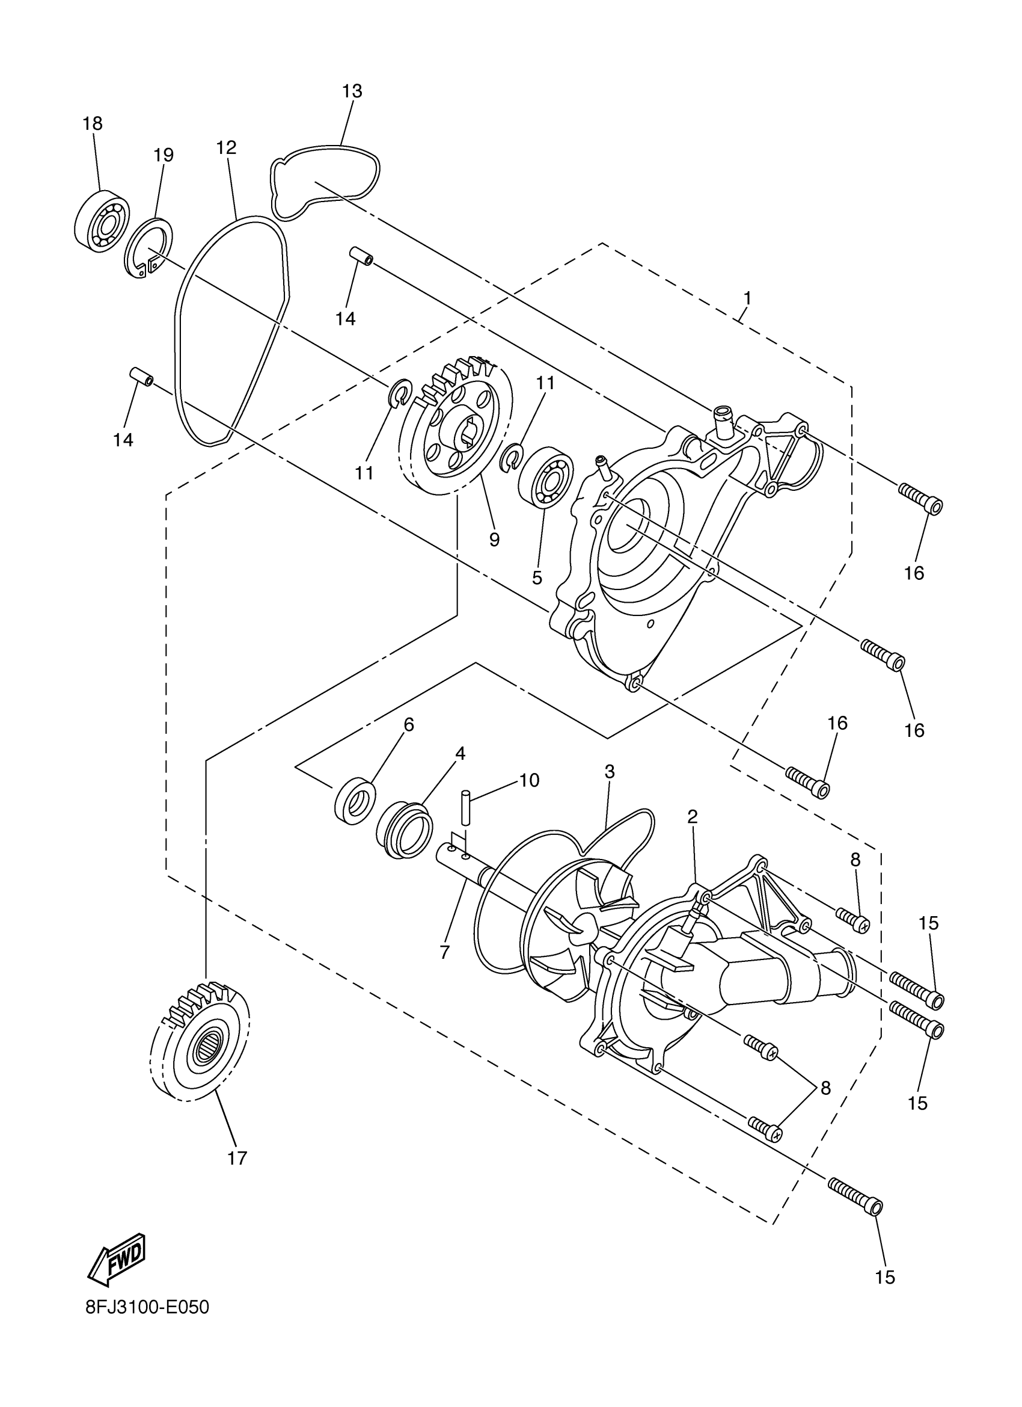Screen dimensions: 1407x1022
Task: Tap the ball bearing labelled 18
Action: (x=101, y=221)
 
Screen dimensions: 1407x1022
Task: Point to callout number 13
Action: (x=352, y=91)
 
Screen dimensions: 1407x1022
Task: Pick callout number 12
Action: (x=227, y=147)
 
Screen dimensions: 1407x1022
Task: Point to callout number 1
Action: (x=747, y=298)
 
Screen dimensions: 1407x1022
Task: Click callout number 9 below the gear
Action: (x=494, y=540)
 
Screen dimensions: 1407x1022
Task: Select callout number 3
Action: (x=610, y=772)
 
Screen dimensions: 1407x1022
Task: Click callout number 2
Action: (x=692, y=817)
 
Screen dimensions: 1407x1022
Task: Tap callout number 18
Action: (x=93, y=123)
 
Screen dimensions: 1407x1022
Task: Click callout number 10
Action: (x=529, y=780)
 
